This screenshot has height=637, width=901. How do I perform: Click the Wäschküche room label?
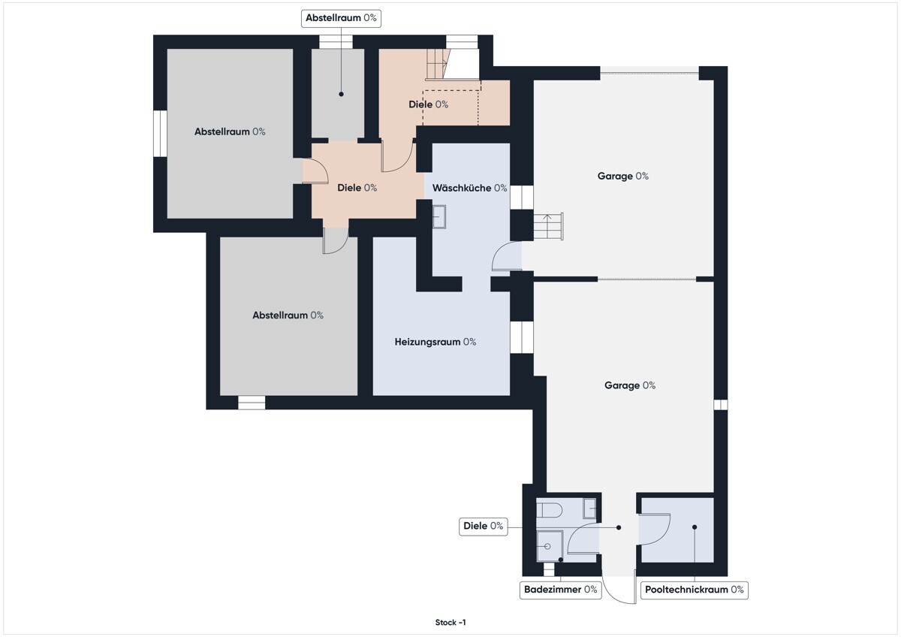click(469, 188)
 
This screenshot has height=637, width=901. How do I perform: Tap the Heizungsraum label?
click(435, 342)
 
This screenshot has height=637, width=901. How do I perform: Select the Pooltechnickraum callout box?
click(695, 590)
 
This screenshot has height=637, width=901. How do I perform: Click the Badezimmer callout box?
click(560, 590)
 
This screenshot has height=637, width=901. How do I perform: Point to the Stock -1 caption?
click(450, 623)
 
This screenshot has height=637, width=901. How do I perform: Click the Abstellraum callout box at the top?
click(341, 18)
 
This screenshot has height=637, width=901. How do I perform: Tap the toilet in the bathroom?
click(549, 510)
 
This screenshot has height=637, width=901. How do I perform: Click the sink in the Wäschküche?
click(439, 217)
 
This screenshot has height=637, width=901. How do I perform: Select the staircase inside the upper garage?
click(548, 226)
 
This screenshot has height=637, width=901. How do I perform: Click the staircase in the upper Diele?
click(437, 64)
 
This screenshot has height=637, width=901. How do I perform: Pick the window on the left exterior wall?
click(160, 133)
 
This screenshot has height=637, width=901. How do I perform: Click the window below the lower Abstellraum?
click(252, 403)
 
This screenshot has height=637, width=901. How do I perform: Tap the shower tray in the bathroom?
click(550, 546)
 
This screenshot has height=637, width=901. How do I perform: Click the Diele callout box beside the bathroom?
click(483, 527)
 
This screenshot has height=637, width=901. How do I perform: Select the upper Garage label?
click(622, 177)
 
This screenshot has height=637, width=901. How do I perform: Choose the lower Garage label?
click(630, 385)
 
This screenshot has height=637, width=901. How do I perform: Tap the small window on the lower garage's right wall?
click(720, 404)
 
